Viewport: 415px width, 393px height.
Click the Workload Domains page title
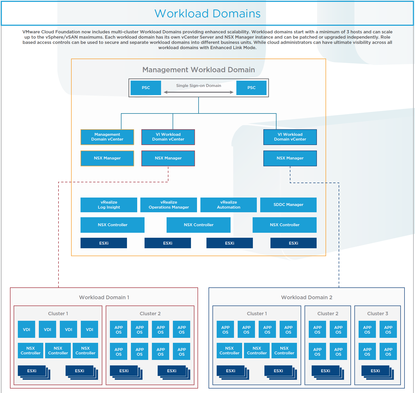207,14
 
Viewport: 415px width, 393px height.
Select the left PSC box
146,88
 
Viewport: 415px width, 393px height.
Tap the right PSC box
251,88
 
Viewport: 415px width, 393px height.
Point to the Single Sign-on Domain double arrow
199,92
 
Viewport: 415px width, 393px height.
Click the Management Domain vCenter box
107,137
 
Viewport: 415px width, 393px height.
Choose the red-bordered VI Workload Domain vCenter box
168,137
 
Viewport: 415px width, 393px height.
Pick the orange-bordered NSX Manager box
107,158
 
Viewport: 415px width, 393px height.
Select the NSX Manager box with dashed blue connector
290,158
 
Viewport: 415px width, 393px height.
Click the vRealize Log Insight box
109,205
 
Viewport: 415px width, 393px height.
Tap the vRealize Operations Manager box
169,205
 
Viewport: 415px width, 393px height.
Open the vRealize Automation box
228,205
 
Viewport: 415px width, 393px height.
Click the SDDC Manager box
288,205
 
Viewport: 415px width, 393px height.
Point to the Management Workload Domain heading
199,70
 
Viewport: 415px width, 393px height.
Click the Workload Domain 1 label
104,297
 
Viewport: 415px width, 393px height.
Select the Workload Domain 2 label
307,297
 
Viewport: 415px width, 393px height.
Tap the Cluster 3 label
377,313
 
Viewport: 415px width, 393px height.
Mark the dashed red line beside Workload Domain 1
58,236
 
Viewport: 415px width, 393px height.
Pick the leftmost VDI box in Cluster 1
26,329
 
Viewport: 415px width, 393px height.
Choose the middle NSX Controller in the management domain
199,225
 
